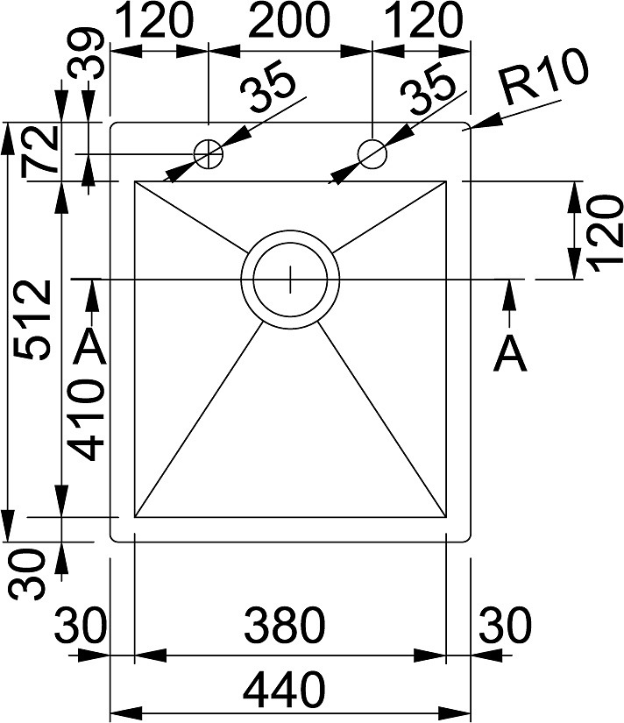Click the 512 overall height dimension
click(32, 319)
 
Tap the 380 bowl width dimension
click(285, 625)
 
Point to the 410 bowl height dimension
click(86, 419)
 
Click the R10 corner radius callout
click(546, 78)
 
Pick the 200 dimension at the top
click(289, 21)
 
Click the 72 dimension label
click(39, 152)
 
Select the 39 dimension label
click(88, 53)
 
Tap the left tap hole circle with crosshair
click(209, 154)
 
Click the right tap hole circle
click(372, 153)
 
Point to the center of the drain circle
click(290, 279)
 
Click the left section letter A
click(91, 348)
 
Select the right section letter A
click(509, 355)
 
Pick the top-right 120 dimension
click(422, 21)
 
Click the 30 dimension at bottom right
click(506, 625)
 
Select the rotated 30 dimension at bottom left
click(28, 574)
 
